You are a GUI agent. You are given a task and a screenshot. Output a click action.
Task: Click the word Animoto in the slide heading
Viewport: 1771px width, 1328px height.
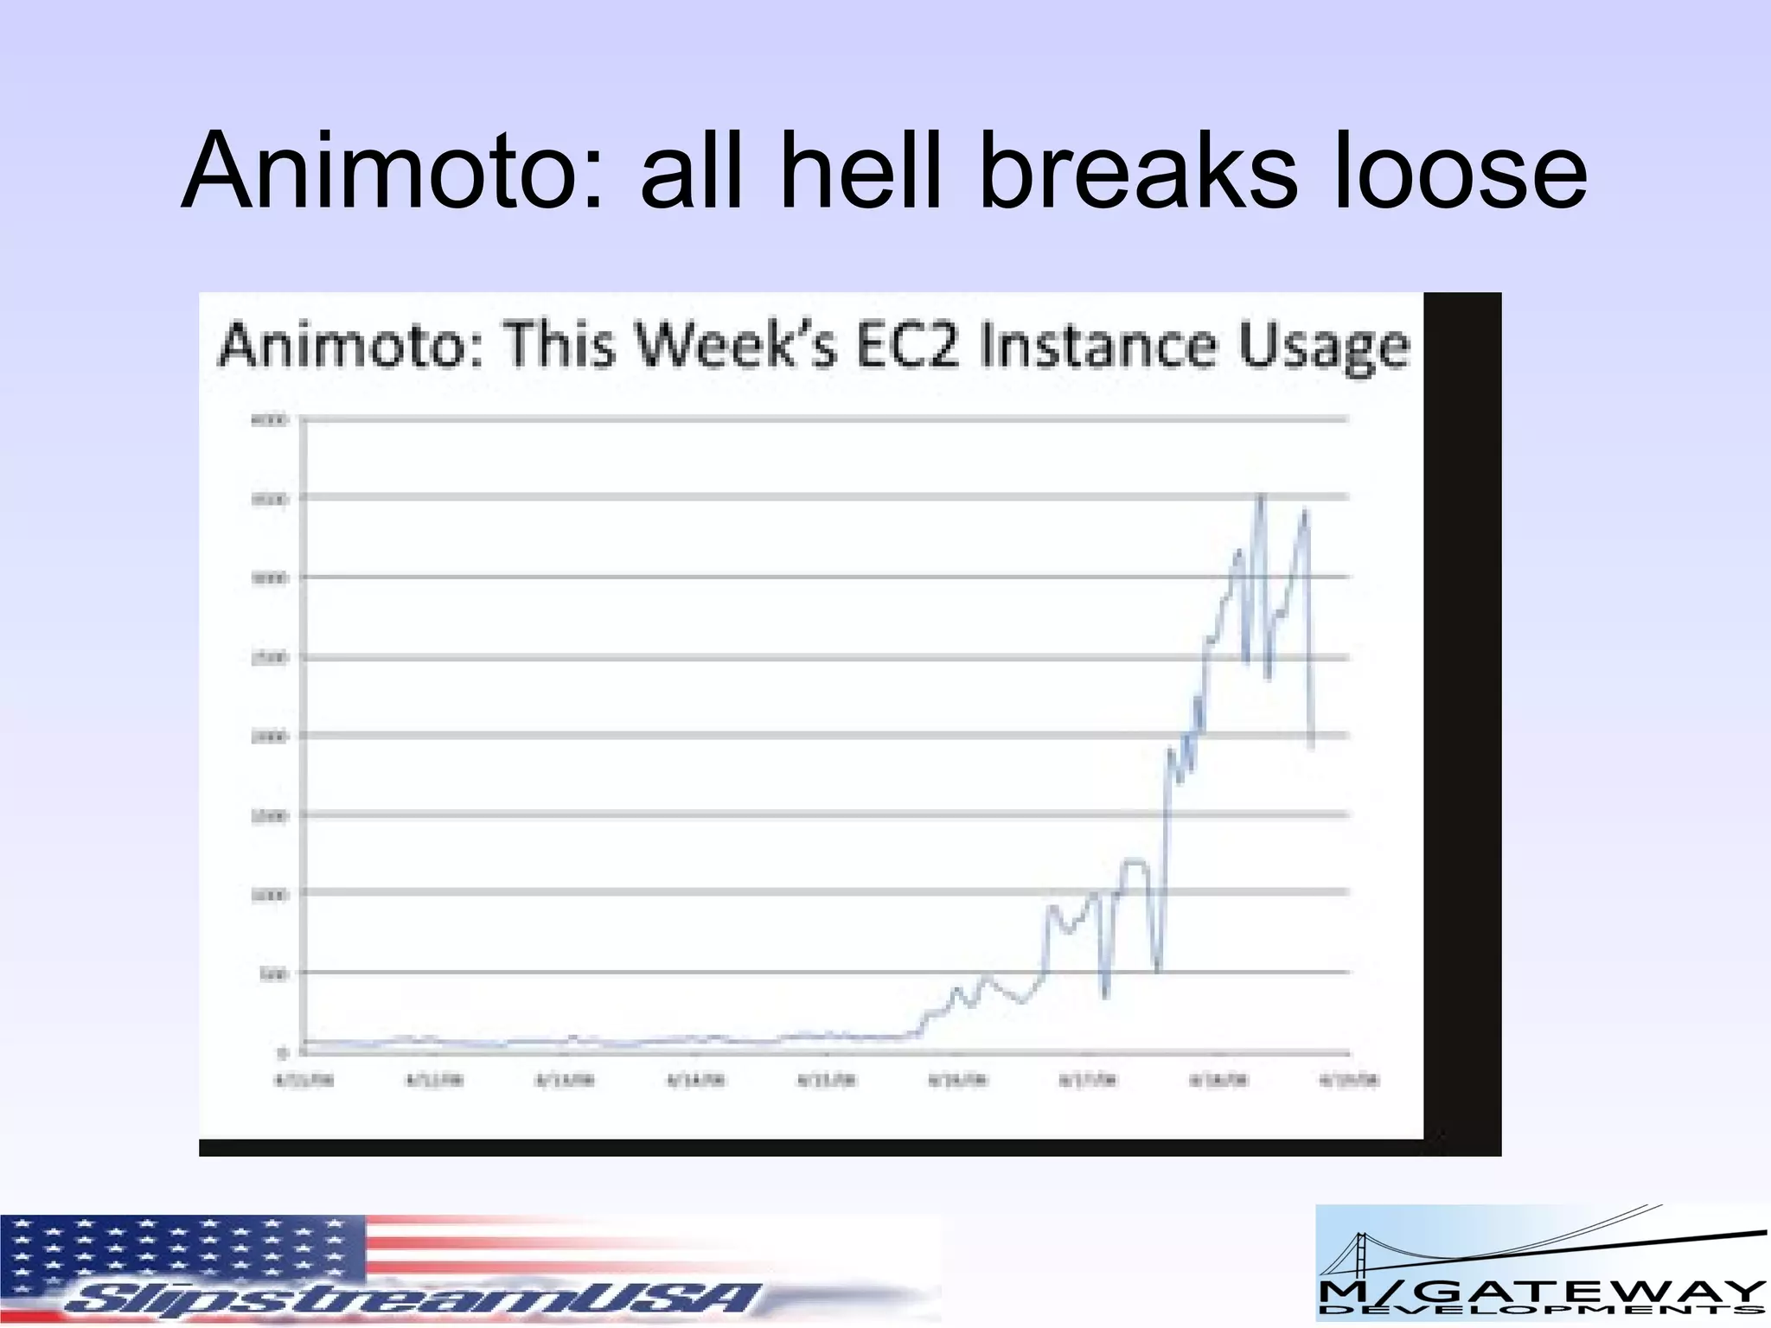(380, 170)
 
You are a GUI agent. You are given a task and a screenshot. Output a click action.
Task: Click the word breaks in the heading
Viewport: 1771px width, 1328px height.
(1136, 170)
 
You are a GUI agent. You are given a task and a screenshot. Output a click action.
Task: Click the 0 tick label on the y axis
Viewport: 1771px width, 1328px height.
(282, 1052)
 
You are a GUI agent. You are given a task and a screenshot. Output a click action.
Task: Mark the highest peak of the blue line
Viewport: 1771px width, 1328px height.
(1261, 495)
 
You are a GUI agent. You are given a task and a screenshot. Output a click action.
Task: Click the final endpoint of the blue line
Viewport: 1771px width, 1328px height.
(1312, 748)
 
